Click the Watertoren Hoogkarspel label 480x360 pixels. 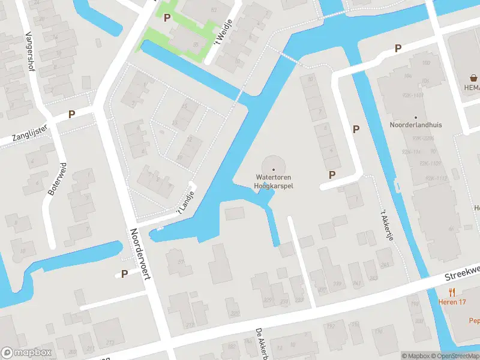[x=274, y=182]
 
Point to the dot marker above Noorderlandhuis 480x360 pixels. [x=415, y=117]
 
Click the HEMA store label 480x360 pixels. [x=472, y=87]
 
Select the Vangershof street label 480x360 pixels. [x=29, y=50]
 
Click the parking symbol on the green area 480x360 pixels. [x=167, y=18]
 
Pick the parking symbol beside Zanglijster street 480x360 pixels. [x=72, y=114]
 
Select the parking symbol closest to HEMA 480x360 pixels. [x=397, y=48]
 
